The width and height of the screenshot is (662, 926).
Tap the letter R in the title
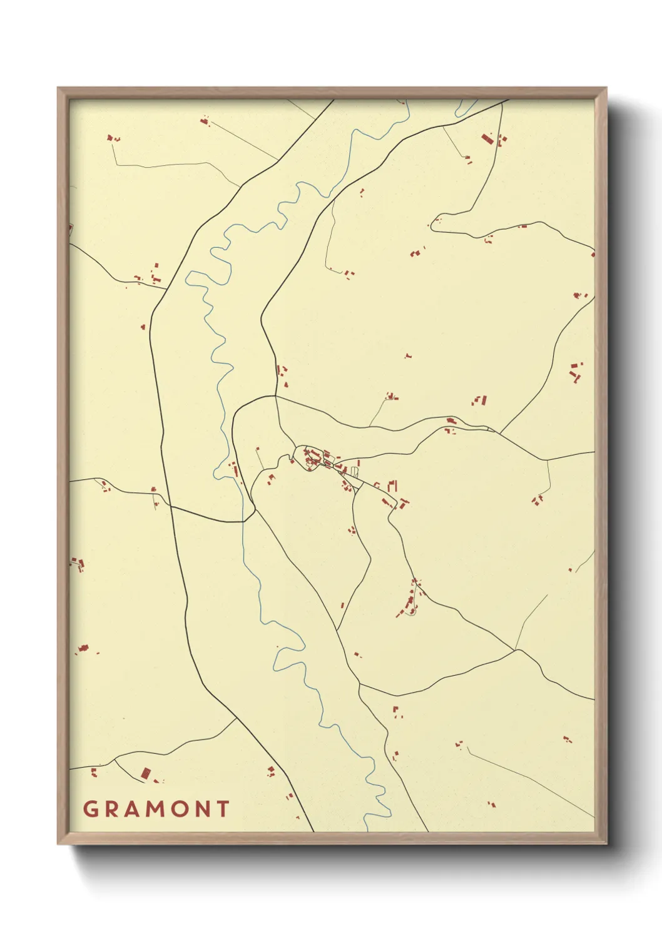(112, 809)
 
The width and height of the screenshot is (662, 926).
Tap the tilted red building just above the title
(146, 774)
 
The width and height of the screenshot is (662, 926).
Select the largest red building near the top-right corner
(486, 138)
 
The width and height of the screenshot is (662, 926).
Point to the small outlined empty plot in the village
(355, 471)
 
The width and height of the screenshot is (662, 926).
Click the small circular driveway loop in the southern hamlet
(410, 611)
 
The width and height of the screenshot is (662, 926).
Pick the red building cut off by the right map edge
(593, 254)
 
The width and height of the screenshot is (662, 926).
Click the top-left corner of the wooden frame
(58, 88)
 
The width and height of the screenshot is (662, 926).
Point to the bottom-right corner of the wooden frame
(606, 843)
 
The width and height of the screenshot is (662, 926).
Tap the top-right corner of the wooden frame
(606, 88)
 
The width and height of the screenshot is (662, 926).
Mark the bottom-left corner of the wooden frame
(58, 843)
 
